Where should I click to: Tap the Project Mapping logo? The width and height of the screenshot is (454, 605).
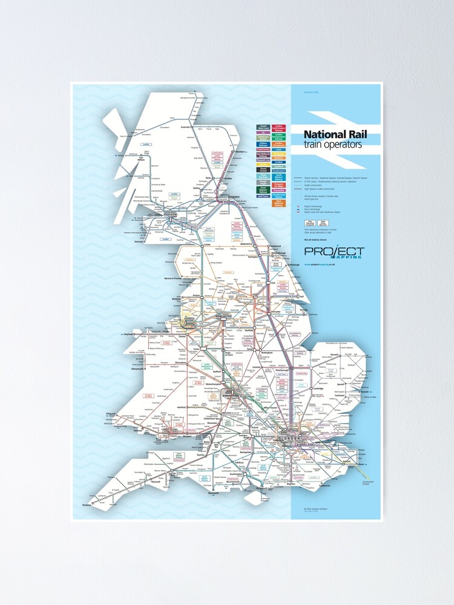334,252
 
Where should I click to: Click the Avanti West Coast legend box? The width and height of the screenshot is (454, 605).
263,128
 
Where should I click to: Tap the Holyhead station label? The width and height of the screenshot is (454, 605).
128,333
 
